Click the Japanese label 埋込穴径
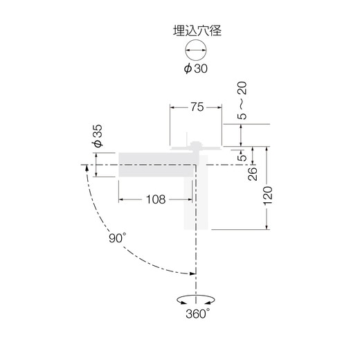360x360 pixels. point(197,30)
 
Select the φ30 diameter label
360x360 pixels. point(196,69)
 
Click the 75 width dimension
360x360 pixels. point(197,107)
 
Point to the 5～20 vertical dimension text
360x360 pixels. point(242,100)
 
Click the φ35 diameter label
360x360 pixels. point(98,136)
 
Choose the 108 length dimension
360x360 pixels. point(156,199)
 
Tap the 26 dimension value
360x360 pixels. point(252,174)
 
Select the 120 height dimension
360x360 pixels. point(268,196)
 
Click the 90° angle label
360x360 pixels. point(118,237)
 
